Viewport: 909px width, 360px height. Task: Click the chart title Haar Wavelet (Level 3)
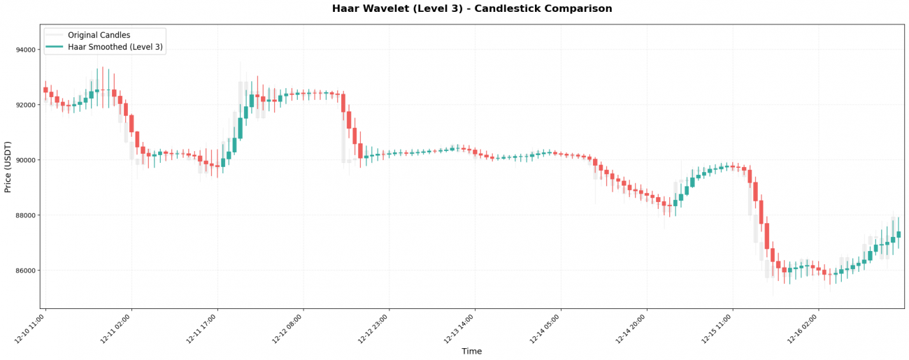[472, 9]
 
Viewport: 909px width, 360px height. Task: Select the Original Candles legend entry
[99, 35]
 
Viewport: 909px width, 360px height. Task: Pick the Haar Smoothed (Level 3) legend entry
[115, 48]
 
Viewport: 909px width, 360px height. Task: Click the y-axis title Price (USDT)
[8, 166]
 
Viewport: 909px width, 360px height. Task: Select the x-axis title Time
[472, 352]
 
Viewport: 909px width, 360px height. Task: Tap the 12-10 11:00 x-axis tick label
[29, 329]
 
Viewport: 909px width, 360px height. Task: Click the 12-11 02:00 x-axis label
[115, 329]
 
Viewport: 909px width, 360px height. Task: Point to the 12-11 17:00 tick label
[201, 329]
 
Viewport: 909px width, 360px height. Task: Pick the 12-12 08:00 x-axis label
[287, 329]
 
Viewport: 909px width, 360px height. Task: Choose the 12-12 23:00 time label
[373, 329]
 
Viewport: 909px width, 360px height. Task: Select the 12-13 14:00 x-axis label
[459, 329]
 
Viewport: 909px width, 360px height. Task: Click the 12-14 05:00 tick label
[545, 329]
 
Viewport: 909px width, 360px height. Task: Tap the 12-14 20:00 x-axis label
[631, 329]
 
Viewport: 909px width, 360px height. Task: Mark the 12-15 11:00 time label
[717, 329]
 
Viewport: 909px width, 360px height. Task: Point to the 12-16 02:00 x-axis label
[803, 329]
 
